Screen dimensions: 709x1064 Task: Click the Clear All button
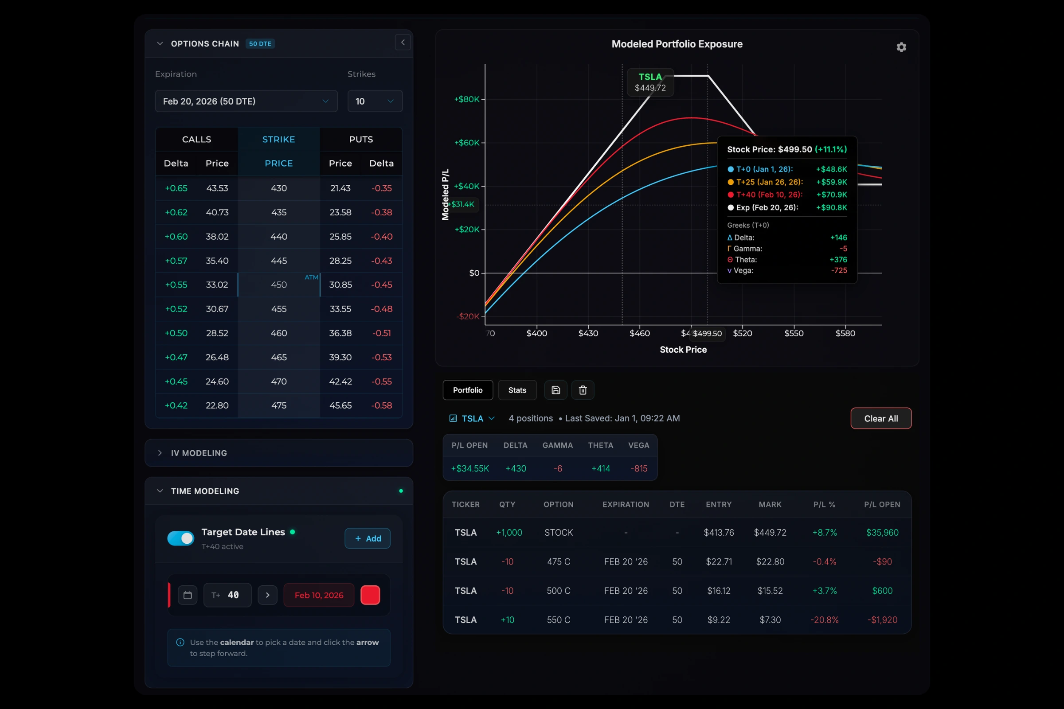880,418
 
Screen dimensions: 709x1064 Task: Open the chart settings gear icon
901,47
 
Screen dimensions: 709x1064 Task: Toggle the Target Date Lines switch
180,538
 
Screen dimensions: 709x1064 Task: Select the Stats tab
517,390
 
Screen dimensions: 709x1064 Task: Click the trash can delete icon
583,390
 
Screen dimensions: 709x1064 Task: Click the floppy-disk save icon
555,390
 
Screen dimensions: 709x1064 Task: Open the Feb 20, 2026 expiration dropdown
246,101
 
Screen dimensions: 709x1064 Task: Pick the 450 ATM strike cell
279,285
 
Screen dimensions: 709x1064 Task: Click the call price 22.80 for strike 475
217,405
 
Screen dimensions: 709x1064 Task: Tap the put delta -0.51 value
381,333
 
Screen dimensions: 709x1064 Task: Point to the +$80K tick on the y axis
466,99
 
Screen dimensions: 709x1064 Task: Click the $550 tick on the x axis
794,333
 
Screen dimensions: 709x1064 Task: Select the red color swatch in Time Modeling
370,595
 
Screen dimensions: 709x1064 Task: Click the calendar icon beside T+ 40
187,595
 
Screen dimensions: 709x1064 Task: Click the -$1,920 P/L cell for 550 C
882,620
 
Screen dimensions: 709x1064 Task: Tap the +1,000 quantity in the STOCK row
509,533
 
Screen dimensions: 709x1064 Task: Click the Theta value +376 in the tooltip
838,260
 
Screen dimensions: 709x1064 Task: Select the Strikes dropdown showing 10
375,101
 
